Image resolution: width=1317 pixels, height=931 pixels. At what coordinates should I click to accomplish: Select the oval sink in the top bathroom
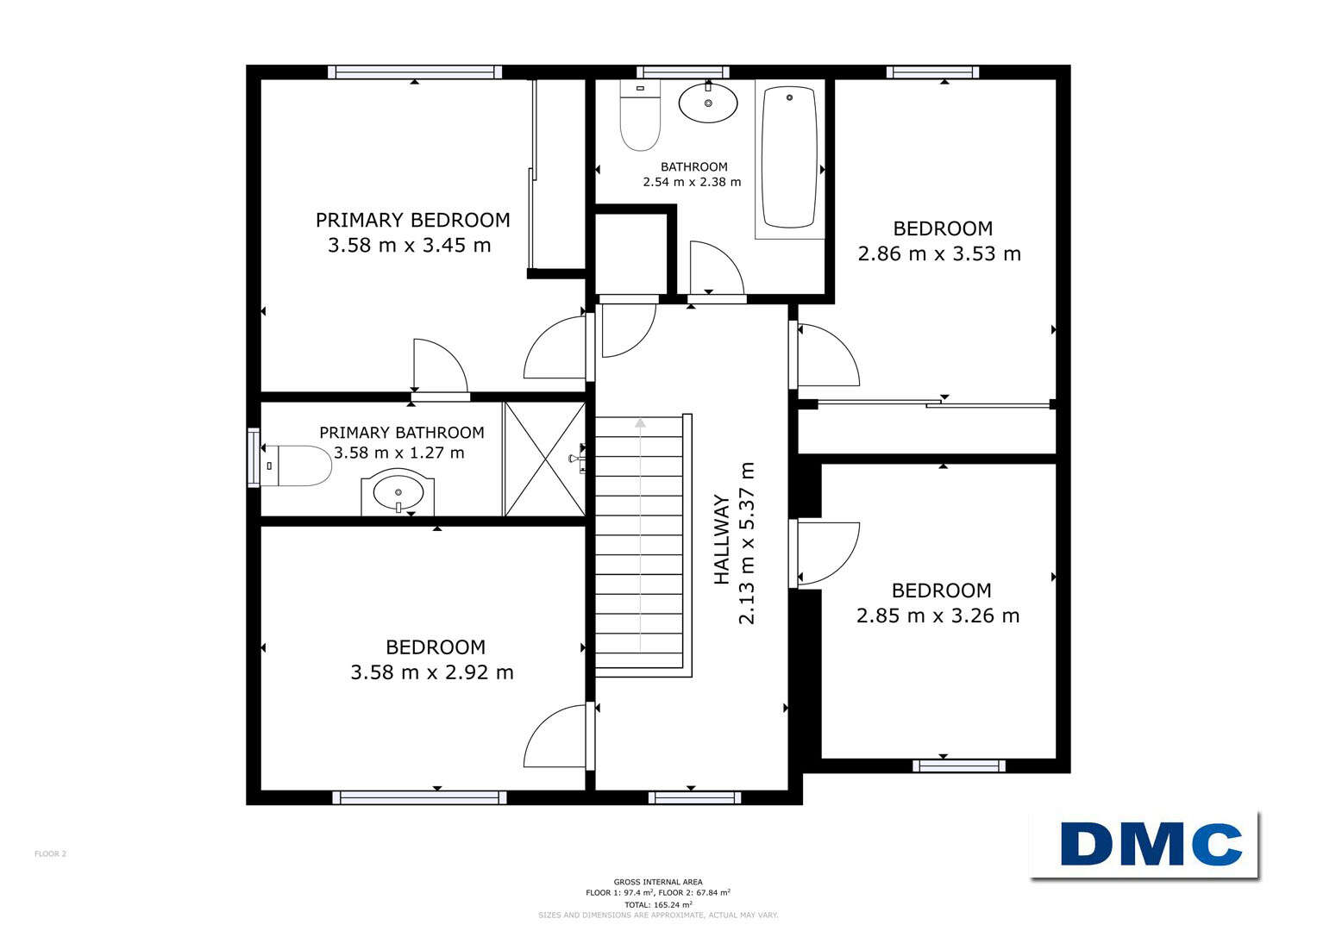[x=708, y=103]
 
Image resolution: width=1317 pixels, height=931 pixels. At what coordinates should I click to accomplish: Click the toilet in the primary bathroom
[x=297, y=465]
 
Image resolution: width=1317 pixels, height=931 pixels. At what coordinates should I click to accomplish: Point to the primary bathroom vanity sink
[x=398, y=491]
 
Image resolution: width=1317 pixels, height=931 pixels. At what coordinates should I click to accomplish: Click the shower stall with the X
[x=545, y=459]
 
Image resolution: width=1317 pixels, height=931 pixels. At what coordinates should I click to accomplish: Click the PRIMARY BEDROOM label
[x=413, y=221]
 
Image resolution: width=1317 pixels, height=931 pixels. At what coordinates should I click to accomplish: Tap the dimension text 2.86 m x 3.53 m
[x=939, y=254]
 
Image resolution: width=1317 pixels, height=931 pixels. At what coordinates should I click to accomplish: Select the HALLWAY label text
[x=721, y=540]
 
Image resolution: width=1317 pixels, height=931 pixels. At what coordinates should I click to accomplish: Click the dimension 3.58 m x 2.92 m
[x=432, y=672]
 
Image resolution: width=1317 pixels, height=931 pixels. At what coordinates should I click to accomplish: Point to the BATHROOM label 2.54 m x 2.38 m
[x=693, y=174]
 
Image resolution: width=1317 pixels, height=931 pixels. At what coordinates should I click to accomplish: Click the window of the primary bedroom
[x=415, y=72]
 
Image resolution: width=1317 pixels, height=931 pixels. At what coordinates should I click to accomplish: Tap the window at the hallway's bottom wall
[x=694, y=797]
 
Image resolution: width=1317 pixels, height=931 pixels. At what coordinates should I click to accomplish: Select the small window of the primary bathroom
[x=254, y=458]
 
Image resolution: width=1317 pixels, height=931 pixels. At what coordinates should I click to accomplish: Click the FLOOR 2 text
[x=51, y=854]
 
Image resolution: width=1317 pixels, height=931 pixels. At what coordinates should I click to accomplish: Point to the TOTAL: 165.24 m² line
[x=658, y=904]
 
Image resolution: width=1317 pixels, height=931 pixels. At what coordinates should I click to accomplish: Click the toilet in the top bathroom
[x=640, y=116]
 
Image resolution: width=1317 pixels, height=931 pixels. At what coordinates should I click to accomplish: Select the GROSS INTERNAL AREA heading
[x=658, y=882]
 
